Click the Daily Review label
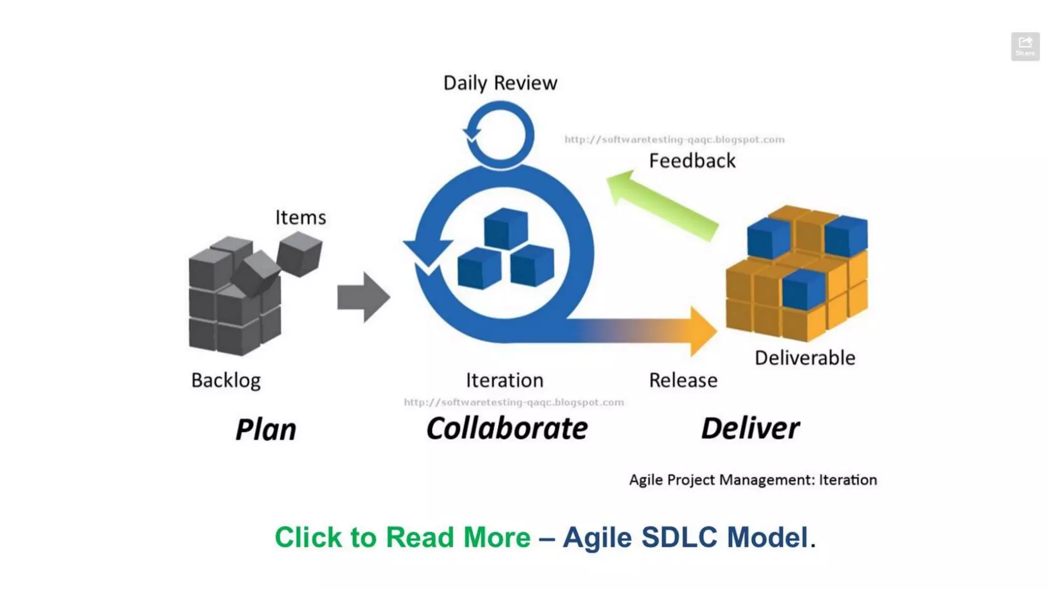(500, 83)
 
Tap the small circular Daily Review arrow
(499, 134)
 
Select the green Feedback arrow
(662, 205)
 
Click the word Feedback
(692, 161)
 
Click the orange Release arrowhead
(702, 331)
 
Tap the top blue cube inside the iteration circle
(505, 228)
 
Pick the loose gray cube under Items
(299, 254)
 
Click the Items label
(300, 217)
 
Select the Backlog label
(226, 381)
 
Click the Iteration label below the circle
(505, 381)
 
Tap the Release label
(683, 381)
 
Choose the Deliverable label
(804, 358)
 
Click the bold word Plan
(266, 429)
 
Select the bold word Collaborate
(507, 428)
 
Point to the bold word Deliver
(750, 428)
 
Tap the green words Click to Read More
(402, 537)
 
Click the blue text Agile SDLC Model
(685, 537)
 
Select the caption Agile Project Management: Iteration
(753, 480)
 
